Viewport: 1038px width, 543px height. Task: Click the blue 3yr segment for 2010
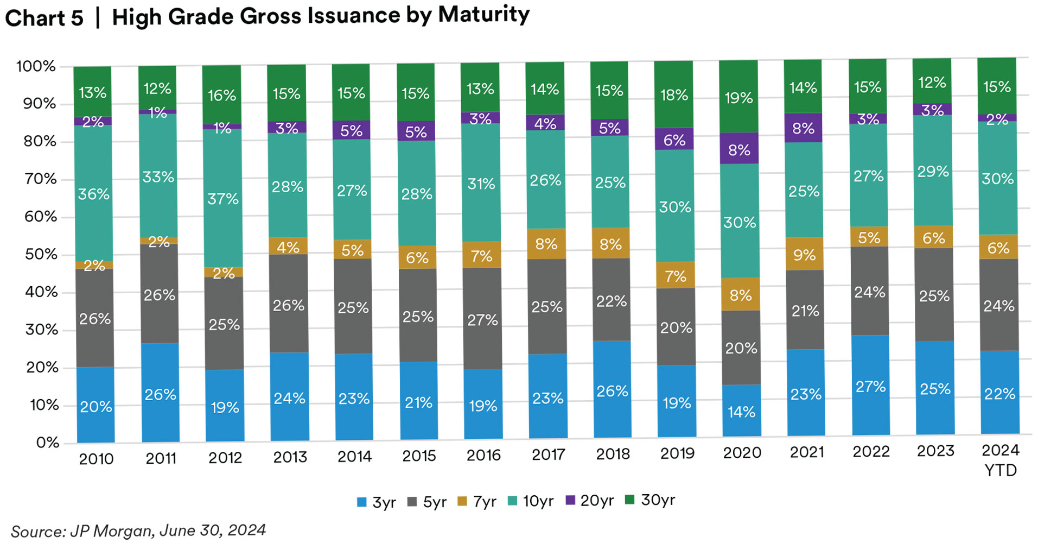(95, 405)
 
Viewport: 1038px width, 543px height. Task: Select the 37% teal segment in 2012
(223, 198)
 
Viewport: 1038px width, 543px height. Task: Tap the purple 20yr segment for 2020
(739, 149)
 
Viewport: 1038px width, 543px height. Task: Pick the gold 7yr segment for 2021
(805, 254)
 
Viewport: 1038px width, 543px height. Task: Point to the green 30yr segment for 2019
(674, 94)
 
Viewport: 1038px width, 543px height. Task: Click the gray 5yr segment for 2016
(483, 319)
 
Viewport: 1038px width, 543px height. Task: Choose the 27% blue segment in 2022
(870, 386)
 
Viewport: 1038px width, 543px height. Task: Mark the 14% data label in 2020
(741, 412)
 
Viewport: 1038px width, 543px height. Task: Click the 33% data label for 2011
(158, 177)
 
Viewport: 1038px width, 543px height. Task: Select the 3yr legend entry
(377, 502)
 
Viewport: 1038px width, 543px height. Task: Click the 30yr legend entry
(651, 500)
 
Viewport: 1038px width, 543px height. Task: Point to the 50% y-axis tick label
(41, 255)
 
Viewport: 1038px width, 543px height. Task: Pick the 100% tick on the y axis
(36, 67)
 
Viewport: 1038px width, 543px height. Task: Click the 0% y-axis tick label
(48, 443)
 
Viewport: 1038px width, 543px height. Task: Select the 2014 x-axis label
(354, 457)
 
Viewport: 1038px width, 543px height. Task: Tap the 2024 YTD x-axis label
(1001, 460)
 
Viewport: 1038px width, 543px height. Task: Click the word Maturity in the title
(483, 15)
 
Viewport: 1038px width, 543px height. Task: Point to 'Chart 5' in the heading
(44, 18)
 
